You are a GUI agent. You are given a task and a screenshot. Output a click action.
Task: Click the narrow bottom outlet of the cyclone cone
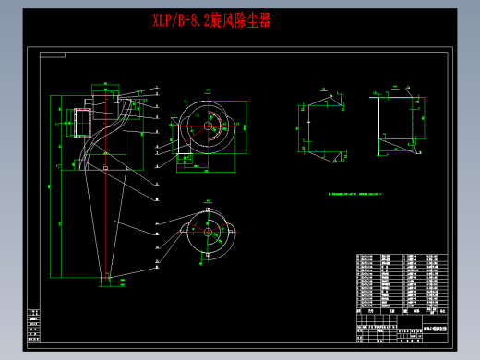coord(108,277)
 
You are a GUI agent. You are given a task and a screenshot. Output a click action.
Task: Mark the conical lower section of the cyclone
coord(108,222)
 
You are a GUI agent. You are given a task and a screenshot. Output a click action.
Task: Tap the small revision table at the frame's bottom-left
coord(33,327)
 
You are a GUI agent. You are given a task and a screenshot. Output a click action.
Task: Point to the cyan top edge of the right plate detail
coord(392,94)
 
